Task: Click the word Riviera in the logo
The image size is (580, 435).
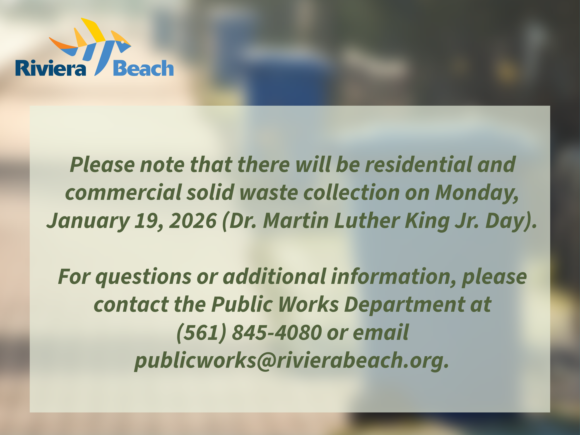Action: pyautogui.click(x=51, y=68)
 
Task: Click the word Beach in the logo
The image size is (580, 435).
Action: pyautogui.click(x=143, y=68)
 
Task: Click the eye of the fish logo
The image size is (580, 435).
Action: pyautogui.click(x=123, y=42)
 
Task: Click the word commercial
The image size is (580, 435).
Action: pyautogui.click(x=123, y=192)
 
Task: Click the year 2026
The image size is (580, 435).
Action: pyautogui.click(x=193, y=221)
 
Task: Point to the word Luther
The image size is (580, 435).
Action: pyautogui.click(x=367, y=221)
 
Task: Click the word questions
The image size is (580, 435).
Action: pyautogui.click(x=143, y=277)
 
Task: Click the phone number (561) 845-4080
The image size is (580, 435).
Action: pyautogui.click(x=249, y=332)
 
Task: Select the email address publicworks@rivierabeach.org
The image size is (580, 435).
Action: pyautogui.click(x=291, y=360)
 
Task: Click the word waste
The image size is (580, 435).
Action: pyautogui.click(x=269, y=192)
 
